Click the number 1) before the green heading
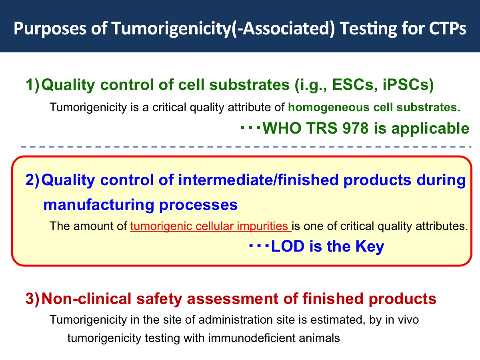32,84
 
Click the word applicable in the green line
430,129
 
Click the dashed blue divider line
246,147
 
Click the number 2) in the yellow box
32,180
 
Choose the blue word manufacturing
99,205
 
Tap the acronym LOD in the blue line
288,246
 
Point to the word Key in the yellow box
370,247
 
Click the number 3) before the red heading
32,298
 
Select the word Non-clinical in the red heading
86,298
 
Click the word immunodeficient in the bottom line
252,338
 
